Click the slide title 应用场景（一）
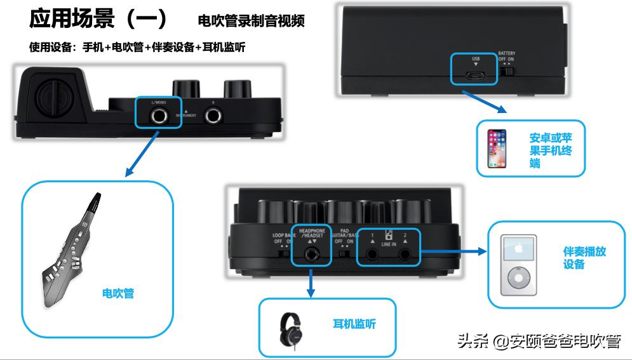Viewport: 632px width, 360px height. pos(98,19)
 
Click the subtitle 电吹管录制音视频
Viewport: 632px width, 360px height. pos(251,22)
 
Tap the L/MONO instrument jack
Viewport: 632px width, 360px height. pos(158,115)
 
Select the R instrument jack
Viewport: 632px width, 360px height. pos(212,116)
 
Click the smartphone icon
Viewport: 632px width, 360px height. pos(497,149)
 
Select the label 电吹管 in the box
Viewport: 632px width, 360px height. pos(118,293)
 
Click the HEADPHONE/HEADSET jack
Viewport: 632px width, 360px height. pos(311,253)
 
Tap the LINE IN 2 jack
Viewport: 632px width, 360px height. pos(405,254)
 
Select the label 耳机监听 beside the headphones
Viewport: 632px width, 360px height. pos(354,324)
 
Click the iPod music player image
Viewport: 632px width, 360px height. pos(519,264)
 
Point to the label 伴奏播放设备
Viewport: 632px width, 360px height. pos(584,257)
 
